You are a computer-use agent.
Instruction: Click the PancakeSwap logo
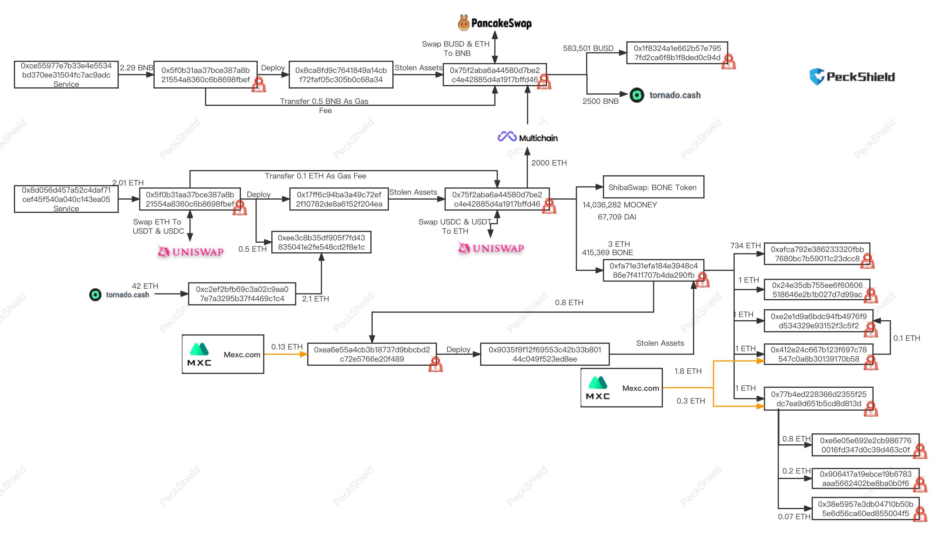click(495, 23)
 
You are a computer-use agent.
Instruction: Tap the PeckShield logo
click(852, 77)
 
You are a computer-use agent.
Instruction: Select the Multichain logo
click(527, 137)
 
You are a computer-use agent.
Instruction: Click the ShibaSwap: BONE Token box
click(653, 187)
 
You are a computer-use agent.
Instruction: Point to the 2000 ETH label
click(549, 163)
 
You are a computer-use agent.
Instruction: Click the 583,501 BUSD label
click(588, 48)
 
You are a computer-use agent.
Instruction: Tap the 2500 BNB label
click(600, 101)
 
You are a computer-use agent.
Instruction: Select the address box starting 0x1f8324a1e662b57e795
click(677, 53)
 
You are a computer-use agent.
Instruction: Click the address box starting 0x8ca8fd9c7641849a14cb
click(341, 75)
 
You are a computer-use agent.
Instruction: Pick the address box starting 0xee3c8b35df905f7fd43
click(321, 242)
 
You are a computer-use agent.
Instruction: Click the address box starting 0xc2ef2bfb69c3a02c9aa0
click(242, 294)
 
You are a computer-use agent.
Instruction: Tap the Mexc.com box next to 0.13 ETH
click(223, 354)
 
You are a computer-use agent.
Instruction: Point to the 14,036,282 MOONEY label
click(619, 205)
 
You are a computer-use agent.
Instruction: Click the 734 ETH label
click(745, 246)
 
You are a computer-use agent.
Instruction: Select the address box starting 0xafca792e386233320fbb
click(817, 254)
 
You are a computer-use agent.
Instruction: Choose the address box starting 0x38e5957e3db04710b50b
click(865, 509)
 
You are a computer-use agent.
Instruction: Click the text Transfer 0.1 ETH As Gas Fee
click(315, 176)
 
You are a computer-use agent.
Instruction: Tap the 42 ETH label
click(145, 286)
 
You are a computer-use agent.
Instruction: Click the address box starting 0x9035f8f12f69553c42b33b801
click(545, 354)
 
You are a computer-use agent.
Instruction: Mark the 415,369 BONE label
click(607, 253)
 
